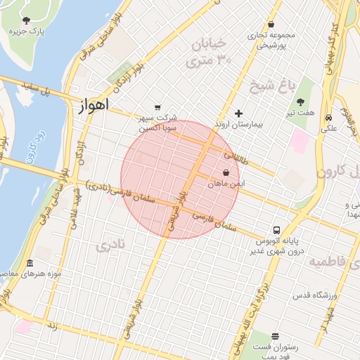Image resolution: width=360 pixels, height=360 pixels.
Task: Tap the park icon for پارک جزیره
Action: coord(27,20)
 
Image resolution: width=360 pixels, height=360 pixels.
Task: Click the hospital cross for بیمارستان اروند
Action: coord(238,113)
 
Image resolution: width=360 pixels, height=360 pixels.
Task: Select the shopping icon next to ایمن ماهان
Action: coord(226,172)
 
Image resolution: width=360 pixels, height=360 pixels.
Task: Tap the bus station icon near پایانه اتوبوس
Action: coord(276,230)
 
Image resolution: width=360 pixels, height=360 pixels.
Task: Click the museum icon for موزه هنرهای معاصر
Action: coord(29,264)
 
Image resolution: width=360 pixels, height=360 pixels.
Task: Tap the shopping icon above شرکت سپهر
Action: coord(157,108)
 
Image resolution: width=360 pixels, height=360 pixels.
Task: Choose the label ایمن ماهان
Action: coord(226,184)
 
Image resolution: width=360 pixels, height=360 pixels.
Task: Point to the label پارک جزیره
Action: coord(27,32)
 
